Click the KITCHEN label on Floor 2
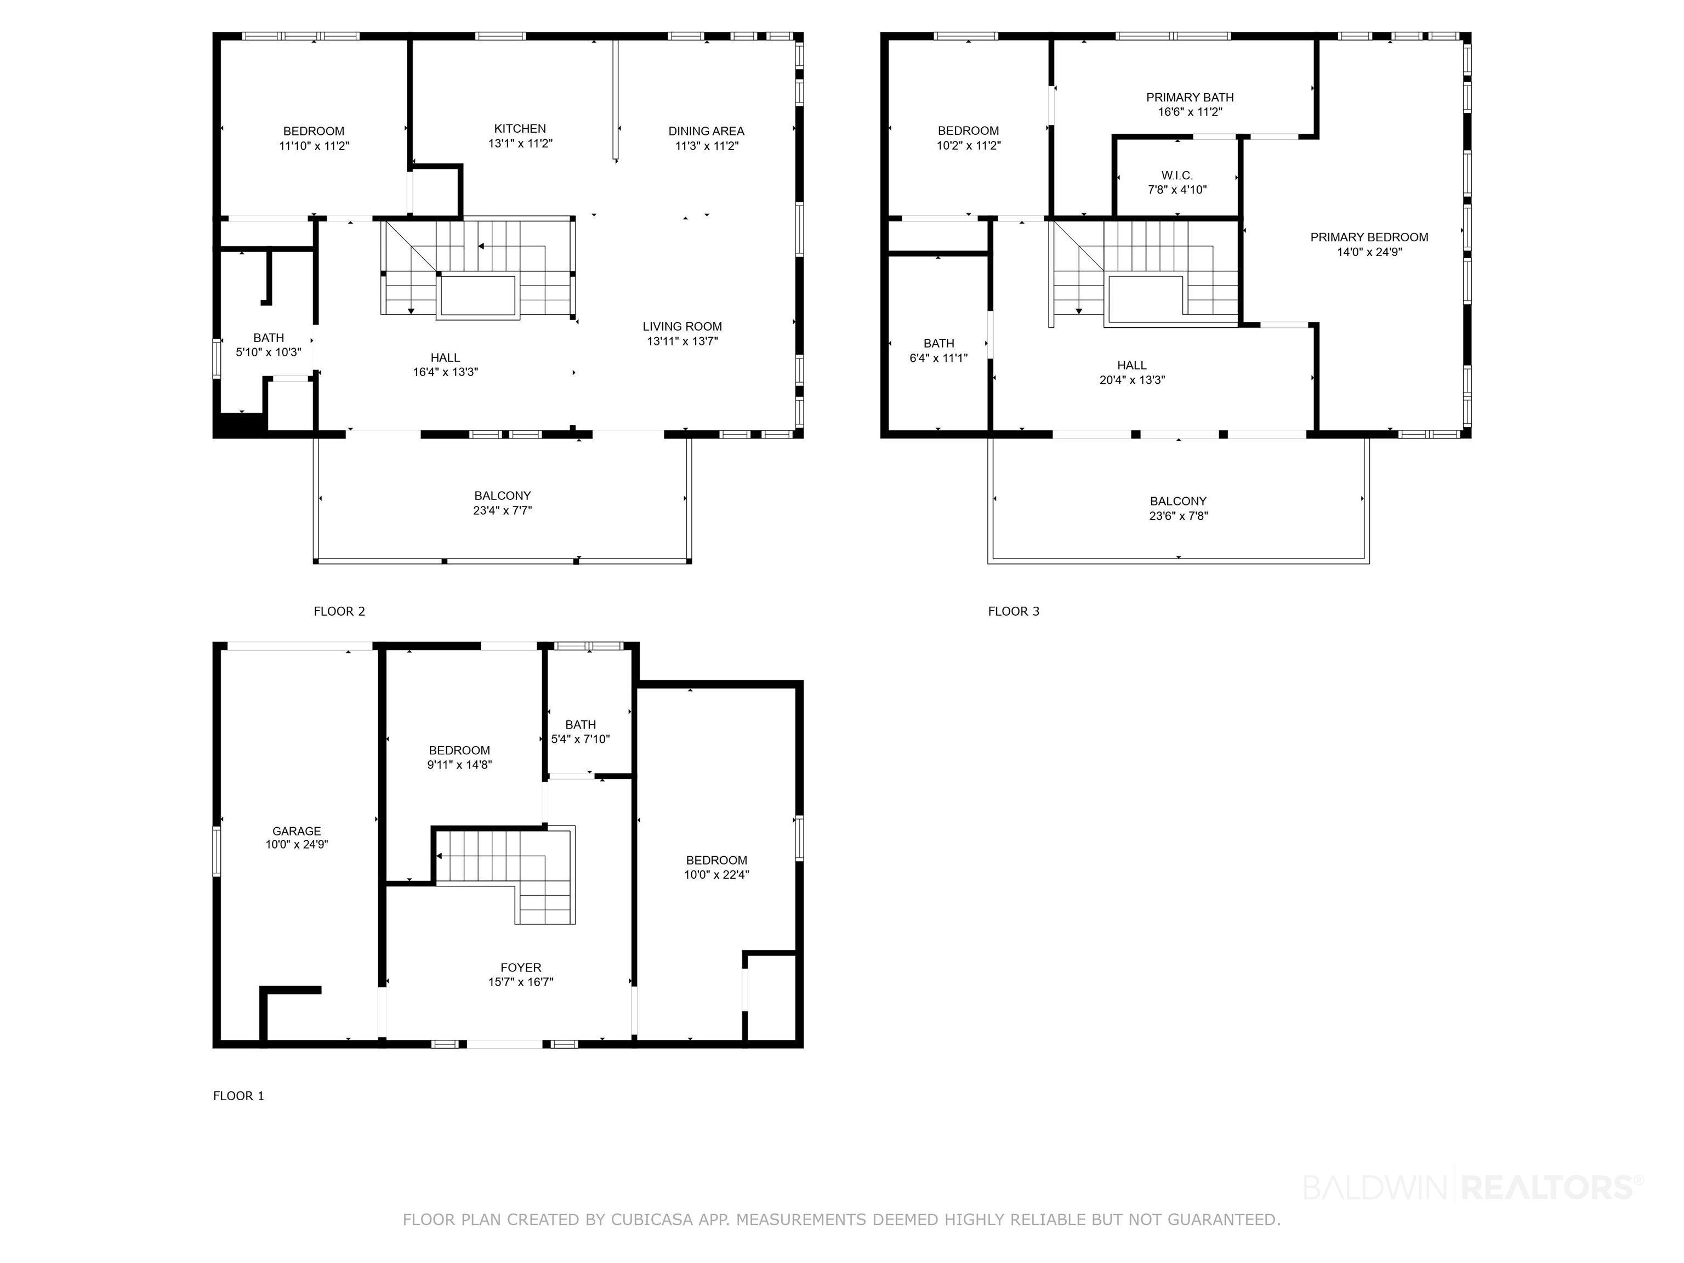click(x=520, y=129)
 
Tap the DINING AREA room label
click(x=707, y=131)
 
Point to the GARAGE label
click(x=297, y=832)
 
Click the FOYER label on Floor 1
click(x=521, y=968)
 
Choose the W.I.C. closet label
click(x=1177, y=175)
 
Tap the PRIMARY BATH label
click(x=1190, y=98)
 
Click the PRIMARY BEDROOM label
click(x=1369, y=237)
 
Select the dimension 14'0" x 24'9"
click(x=1369, y=252)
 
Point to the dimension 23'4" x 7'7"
click(x=503, y=510)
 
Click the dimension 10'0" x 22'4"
click(x=716, y=875)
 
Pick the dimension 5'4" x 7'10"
click(x=581, y=739)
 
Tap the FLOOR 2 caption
click(x=339, y=611)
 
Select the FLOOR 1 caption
click(x=238, y=1096)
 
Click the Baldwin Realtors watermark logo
click(x=1473, y=1187)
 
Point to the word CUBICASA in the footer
click(x=652, y=1220)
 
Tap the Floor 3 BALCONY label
click(x=1179, y=501)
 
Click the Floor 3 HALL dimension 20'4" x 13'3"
click(x=1132, y=380)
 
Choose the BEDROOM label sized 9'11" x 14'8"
click(x=459, y=750)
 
